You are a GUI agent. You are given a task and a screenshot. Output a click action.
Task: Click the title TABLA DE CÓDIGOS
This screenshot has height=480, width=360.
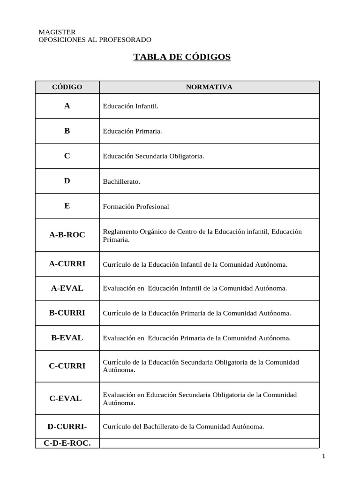[182, 57]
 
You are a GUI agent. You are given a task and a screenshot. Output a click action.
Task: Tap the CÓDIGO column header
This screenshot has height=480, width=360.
[67, 87]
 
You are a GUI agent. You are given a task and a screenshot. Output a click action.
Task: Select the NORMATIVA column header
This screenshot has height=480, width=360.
[209, 87]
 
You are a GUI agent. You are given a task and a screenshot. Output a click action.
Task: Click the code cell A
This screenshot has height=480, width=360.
[67, 106]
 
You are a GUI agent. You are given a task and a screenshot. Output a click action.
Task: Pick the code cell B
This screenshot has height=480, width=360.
[67, 131]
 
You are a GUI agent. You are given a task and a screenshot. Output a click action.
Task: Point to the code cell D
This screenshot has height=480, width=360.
[67, 181]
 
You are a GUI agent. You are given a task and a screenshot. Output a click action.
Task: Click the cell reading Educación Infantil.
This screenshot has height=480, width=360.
[131, 106]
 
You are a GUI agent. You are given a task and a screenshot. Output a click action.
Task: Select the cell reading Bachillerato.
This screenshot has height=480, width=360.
[121, 181]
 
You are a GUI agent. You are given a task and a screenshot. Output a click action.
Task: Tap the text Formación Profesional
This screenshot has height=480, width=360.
[136, 206]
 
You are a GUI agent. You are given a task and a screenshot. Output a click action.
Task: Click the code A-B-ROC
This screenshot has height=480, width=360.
[67, 235]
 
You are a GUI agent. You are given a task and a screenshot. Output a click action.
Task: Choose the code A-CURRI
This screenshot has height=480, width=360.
[67, 264]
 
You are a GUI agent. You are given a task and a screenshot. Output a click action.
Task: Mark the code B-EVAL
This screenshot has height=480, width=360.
[67, 337]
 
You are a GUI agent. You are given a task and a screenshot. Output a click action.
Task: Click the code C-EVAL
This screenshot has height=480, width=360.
[66, 398]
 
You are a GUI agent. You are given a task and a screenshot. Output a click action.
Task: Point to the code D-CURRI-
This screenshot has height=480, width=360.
[67, 427]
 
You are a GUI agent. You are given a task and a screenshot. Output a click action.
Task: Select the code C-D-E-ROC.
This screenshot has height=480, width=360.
[67, 442]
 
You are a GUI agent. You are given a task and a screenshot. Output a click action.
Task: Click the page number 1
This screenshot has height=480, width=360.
[323, 456]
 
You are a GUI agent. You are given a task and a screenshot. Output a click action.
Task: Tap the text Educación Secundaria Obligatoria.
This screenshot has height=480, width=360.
[153, 156]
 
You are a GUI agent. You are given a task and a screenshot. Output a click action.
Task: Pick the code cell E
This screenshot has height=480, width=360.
[67, 206]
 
